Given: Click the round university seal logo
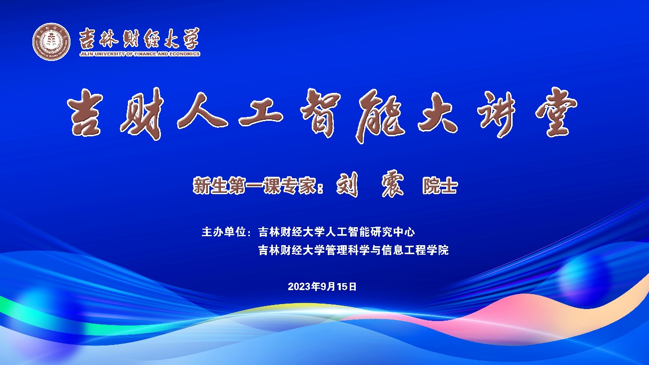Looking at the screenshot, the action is pyautogui.click(x=51, y=41).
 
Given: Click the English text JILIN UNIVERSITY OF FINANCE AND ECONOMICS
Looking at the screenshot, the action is pyautogui.click(x=140, y=54).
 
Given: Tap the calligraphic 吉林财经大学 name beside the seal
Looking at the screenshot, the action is pyautogui.click(x=139, y=38).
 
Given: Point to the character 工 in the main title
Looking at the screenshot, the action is pyautogui.click(x=260, y=111).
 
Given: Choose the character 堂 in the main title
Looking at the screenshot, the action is pyautogui.click(x=556, y=112).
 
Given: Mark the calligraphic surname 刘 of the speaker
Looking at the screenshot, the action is pyautogui.click(x=347, y=185).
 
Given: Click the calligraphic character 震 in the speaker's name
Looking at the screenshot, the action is pyautogui.click(x=393, y=185).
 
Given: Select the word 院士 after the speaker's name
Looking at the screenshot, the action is pyautogui.click(x=440, y=186).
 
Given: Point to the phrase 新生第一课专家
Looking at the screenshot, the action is pyautogui.click(x=255, y=185).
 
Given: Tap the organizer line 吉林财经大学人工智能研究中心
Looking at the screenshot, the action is pyautogui.click(x=336, y=232).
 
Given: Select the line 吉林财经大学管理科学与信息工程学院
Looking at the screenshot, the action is pyautogui.click(x=353, y=250).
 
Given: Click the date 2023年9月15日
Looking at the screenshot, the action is pyautogui.click(x=322, y=287).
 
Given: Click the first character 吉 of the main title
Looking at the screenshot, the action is pyautogui.click(x=85, y=112).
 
